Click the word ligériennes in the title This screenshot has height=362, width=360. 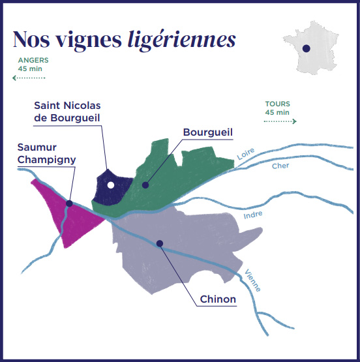181,40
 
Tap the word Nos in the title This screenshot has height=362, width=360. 31,38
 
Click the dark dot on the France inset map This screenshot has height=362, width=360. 307,48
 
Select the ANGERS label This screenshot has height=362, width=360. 33,60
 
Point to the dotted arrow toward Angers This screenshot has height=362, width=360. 29,78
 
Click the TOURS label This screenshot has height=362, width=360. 278,104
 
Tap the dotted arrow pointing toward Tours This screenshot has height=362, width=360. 280,121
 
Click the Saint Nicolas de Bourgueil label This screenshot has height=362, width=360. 67,112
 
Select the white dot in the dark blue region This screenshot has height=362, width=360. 111,185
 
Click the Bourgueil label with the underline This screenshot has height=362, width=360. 207,132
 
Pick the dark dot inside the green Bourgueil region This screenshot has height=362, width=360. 145,185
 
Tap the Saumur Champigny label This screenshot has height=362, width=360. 46,154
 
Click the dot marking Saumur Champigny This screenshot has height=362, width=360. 69,204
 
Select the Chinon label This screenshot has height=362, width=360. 218,299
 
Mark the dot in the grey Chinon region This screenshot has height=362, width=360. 160,243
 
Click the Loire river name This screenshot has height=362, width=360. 246,154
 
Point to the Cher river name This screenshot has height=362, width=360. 280,166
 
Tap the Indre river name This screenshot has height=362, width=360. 253,215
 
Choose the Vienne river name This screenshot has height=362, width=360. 253,280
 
